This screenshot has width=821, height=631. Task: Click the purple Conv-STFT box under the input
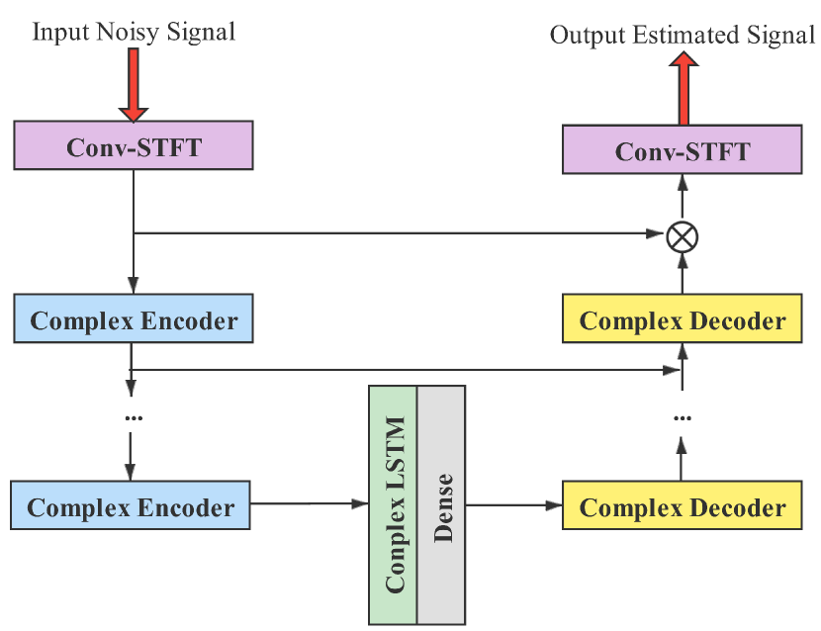(134, 147)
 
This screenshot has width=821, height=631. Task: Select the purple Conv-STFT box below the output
(682, 151)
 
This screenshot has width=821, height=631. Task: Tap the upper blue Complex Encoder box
(134, 320)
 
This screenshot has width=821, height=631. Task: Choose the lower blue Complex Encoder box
(131, 507)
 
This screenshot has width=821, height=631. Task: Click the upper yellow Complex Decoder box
(682, 319)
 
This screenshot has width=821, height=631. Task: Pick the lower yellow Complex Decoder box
(682, 507)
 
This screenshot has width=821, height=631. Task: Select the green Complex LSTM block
(394, 504)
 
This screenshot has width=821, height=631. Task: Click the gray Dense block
(441, 504)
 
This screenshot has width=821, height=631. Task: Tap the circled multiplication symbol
(682, 235)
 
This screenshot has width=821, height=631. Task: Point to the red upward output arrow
(683, 89)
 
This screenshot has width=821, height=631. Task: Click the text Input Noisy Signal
(134, 32)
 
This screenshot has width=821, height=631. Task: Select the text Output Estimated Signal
(682, 37)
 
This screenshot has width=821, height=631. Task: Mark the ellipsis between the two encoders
(133, 417)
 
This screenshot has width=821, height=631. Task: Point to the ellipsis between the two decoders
(682, 417)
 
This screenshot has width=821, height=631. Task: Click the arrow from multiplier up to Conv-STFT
(682, 198)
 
